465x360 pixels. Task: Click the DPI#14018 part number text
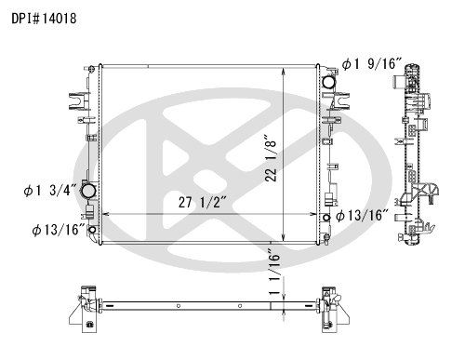point(44,19)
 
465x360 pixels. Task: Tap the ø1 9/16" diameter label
point(372,63)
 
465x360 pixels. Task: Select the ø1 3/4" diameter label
point(50,190)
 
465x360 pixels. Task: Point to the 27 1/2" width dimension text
point(203,202)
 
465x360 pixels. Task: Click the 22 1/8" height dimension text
point(271,158)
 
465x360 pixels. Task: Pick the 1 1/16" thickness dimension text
point(274,272)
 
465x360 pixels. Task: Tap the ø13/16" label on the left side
point(59,230)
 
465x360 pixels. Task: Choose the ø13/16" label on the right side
point(362,215)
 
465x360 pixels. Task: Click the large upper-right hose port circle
point(329,82)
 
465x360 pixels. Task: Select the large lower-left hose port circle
point(88,190)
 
